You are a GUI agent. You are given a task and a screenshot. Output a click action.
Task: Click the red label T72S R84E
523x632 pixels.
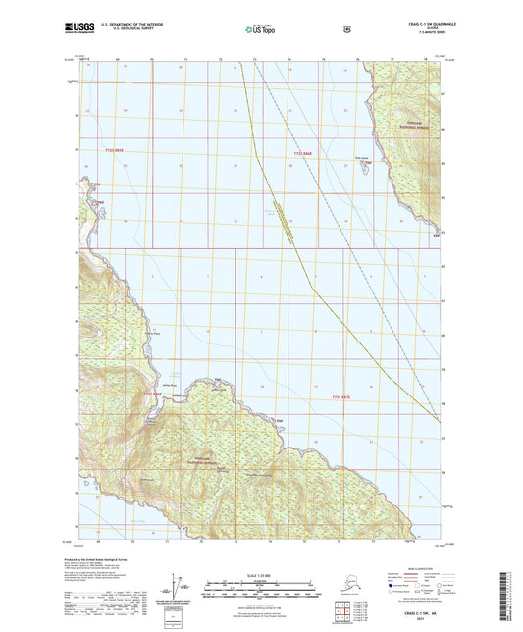click(x=307, y=155)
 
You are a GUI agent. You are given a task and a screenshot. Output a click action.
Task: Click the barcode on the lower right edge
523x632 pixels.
click(x=513, y=594)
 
